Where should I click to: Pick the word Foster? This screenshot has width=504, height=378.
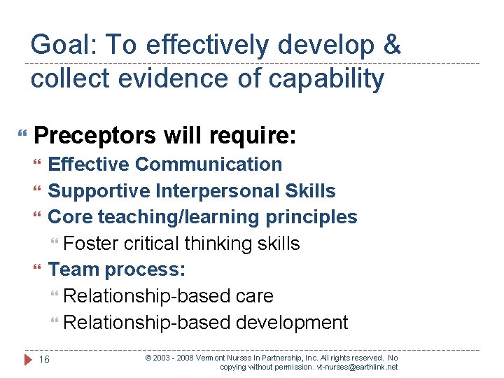point(90,244)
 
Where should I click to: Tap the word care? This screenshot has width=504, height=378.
point(254,296)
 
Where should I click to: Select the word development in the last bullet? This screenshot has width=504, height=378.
point(292,323)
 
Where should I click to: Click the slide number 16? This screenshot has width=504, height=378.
point(44,360)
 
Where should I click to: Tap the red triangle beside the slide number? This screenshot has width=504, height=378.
point(28,360)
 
